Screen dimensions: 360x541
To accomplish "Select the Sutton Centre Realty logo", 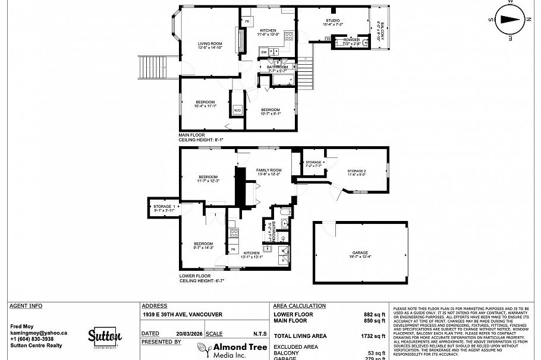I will point(105,337).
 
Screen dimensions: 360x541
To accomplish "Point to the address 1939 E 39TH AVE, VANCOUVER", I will point(182,314).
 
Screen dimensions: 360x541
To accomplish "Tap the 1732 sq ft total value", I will point(375,336).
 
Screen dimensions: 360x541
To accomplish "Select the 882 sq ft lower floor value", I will point(375,314).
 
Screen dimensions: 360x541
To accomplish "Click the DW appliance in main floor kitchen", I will point(263,52).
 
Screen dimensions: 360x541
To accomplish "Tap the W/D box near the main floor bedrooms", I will point(236,110).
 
